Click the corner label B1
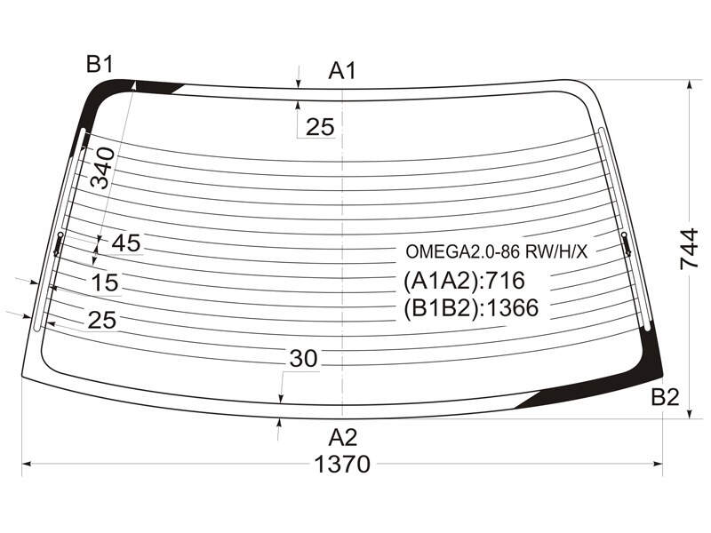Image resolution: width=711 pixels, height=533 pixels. click(x=100, y=64)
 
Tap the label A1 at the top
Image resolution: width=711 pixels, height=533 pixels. click(x=343, y=71)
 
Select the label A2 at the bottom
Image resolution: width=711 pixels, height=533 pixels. click(x=343, y=438)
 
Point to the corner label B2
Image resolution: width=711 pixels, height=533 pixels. click(x=665, y=397)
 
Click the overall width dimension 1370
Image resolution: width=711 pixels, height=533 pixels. click(x=342, y=465)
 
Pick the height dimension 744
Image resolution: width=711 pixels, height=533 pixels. click(x=689, y=249)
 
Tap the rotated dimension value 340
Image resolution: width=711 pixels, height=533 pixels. click(x=102, y=168)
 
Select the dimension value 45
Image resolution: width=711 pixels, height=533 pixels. click(x=126, y=243)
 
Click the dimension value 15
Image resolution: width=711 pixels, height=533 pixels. click(x=105, y=282)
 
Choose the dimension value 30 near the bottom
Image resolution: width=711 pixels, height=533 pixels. click(x=304, y=359)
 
